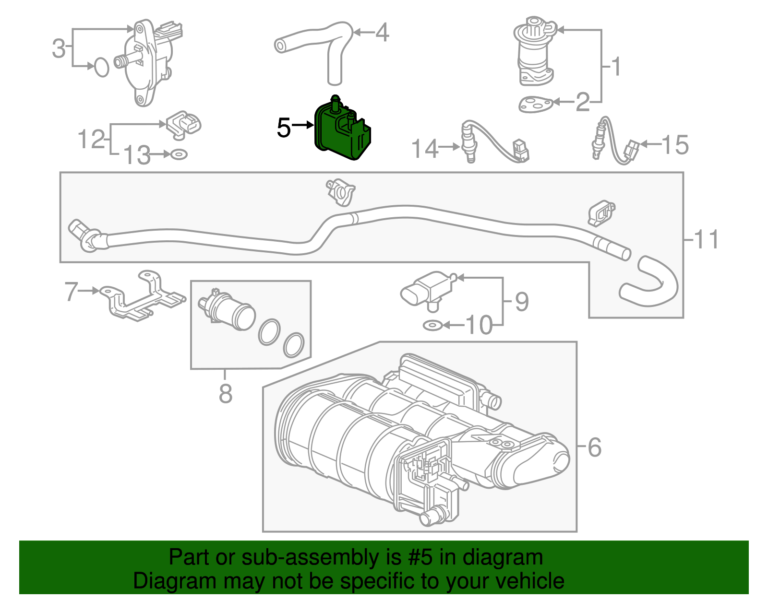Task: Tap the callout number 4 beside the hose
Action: click(382, 33)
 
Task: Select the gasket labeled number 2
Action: click(535, 104)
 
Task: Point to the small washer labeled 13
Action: click(179, 154)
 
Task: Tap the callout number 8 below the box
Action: click(225, 394)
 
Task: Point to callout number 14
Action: click(425, 148)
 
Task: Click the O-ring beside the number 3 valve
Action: click(101, 67)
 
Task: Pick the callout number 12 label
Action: click(91, 139)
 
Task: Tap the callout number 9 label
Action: click(521, 302)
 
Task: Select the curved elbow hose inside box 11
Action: click(650, 283)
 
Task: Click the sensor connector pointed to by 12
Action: click(184, 124)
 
